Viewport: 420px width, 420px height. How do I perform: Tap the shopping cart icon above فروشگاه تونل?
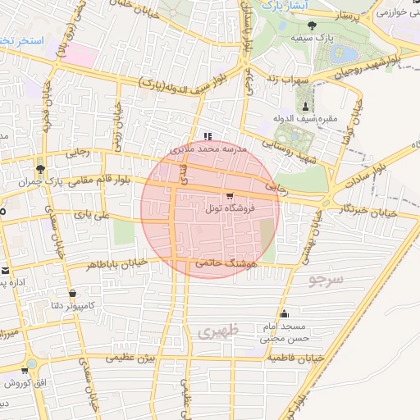point(229,196)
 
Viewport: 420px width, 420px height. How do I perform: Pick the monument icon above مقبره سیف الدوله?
point(306,107)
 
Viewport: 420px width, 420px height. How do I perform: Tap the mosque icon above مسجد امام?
point(284,313)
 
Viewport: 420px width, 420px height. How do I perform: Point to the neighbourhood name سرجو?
point(326,280)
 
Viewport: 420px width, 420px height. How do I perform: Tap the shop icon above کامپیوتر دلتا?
point(74,293)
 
